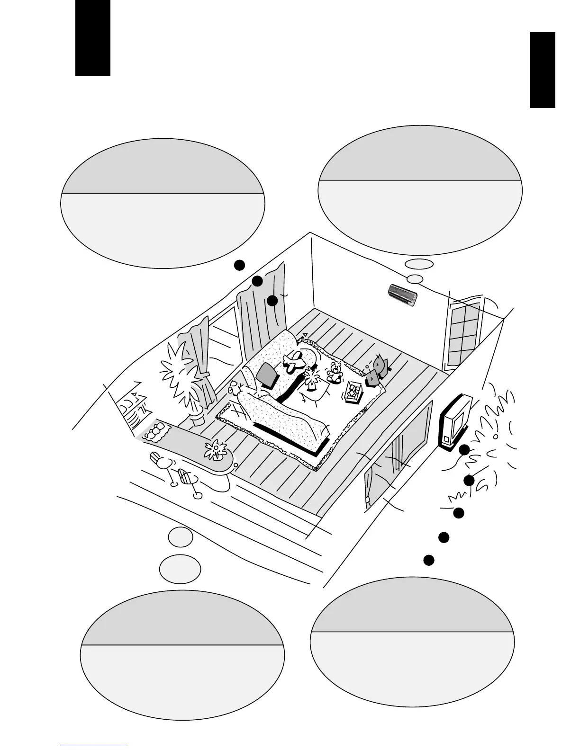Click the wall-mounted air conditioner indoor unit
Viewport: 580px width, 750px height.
click(403, 295)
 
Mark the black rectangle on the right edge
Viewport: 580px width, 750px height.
click(542, 70)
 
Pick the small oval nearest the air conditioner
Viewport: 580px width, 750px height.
click(415, 279)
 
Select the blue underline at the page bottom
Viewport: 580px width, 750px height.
click(94, 746)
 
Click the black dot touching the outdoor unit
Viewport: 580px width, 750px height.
click(464, 449)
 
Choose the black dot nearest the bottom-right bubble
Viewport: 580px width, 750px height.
click(428, 560)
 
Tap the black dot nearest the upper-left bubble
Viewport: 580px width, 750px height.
click(240, 266)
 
